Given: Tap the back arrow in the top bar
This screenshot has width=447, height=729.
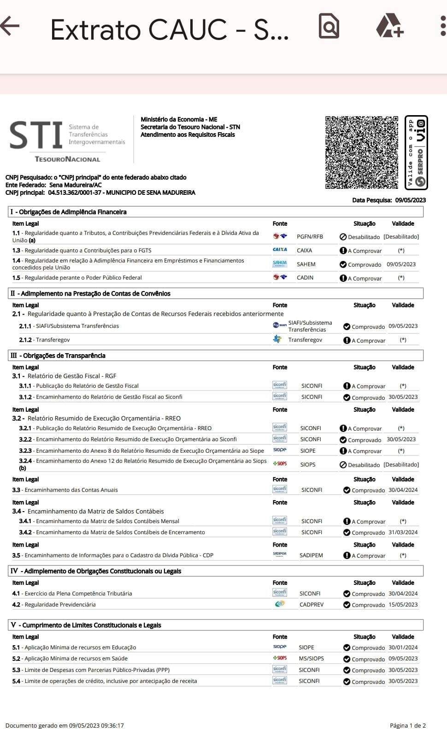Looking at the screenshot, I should [10, 26].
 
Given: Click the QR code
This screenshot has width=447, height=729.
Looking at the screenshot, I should [362, 152].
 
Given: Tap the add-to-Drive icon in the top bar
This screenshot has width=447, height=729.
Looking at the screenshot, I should [390, 26].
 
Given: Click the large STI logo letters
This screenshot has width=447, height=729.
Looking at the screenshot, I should [36, 135].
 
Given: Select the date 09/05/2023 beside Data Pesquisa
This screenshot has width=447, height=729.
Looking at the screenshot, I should [410, 200].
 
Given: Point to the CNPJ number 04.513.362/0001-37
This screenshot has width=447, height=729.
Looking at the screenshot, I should [75, 192].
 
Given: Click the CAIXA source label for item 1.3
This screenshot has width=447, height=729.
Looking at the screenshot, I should [304, 251].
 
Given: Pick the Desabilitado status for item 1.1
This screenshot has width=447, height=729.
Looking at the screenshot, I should [364, 237].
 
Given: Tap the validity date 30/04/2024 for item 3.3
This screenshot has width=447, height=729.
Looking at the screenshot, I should [403, 490].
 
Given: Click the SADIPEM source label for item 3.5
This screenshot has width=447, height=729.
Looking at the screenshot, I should [311, 555].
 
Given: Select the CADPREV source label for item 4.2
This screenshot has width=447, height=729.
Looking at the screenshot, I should [312, 605].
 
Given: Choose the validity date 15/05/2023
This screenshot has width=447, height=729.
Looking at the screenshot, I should [403, 605].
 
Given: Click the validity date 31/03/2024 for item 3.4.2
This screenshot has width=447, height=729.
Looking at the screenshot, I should [403, 532].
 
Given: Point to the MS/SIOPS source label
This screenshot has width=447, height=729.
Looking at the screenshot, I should [311, 659].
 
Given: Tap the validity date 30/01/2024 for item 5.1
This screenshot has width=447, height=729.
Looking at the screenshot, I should [403, 647].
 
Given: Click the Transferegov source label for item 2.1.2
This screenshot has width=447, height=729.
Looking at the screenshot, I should [305, 340].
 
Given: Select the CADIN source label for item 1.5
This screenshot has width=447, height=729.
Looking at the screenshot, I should [305, 278].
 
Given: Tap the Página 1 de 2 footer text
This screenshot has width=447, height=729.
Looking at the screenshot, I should [407, 725].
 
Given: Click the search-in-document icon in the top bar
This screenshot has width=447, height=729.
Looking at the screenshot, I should [329, 26].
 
